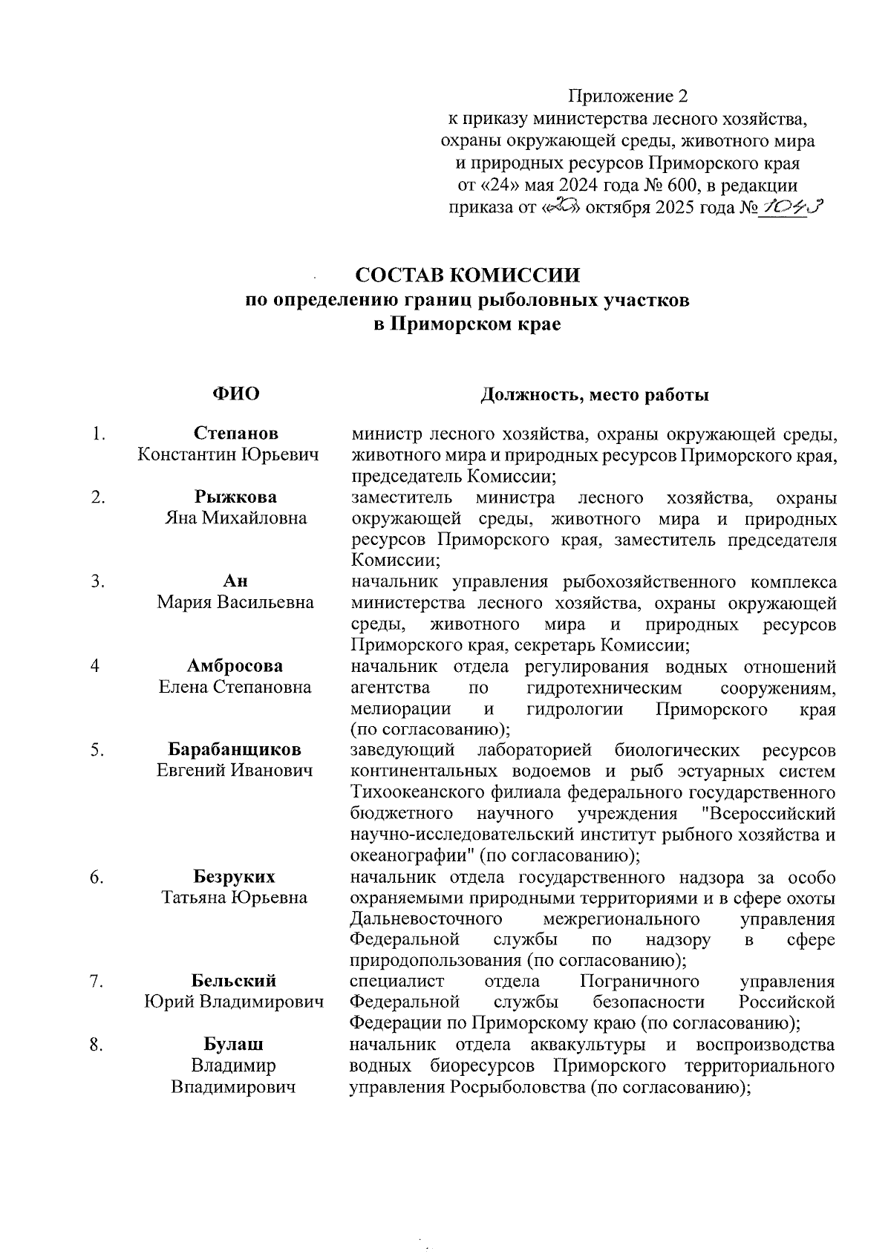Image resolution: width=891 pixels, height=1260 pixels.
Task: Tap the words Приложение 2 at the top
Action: (628, 97)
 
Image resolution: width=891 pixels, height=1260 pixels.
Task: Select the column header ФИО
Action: (236, 394)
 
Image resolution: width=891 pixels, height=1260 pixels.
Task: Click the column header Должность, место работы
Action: (594, 395)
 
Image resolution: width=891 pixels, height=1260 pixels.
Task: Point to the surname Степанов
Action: (236, 433)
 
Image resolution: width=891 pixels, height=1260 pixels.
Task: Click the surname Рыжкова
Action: (236, 497)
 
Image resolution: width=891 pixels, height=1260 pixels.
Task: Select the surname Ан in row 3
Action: (235, 581)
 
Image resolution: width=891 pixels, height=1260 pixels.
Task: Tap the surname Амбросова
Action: (235, 666)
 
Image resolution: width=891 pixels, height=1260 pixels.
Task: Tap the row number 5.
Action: (97, 750)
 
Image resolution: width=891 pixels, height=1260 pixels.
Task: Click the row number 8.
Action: (97, 1045)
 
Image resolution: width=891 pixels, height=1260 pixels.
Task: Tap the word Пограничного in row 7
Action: (639, 982)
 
